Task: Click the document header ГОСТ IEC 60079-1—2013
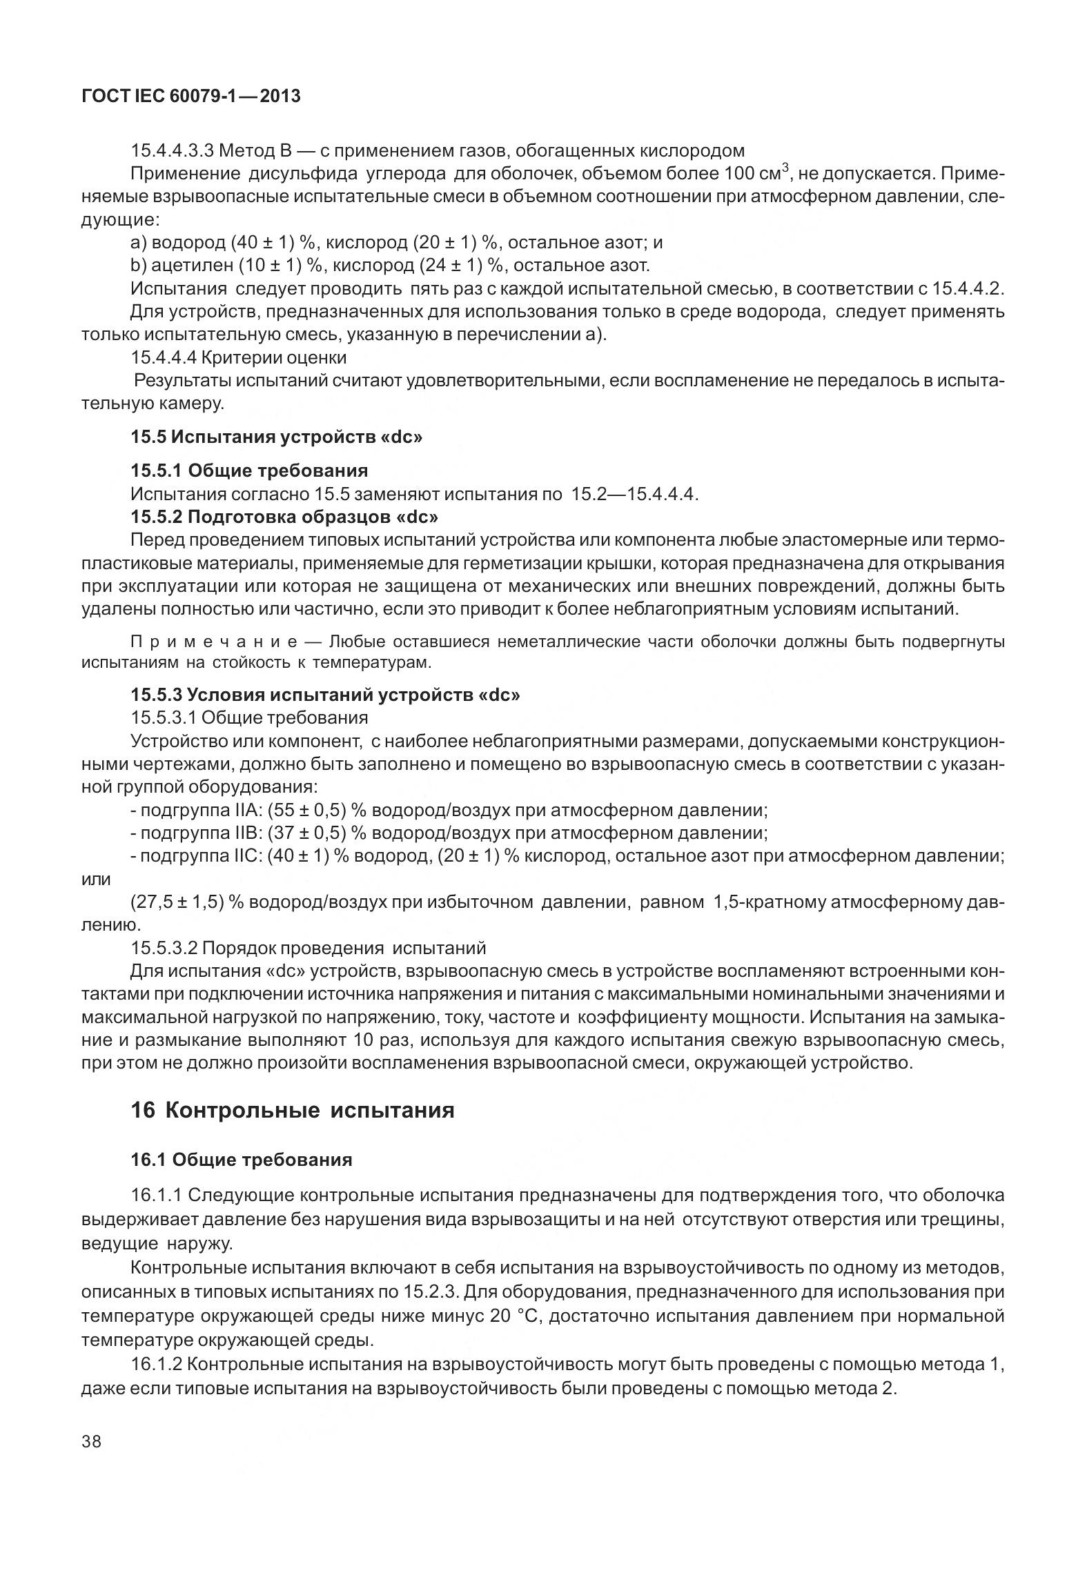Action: point(191,96)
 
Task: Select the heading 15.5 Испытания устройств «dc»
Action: point(276,437)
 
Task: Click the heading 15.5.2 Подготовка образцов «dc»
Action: point(284,517)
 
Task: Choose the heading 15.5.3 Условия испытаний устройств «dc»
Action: point(325,695)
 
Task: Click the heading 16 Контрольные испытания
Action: point(293,1111)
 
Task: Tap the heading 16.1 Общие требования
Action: point(242,1160)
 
